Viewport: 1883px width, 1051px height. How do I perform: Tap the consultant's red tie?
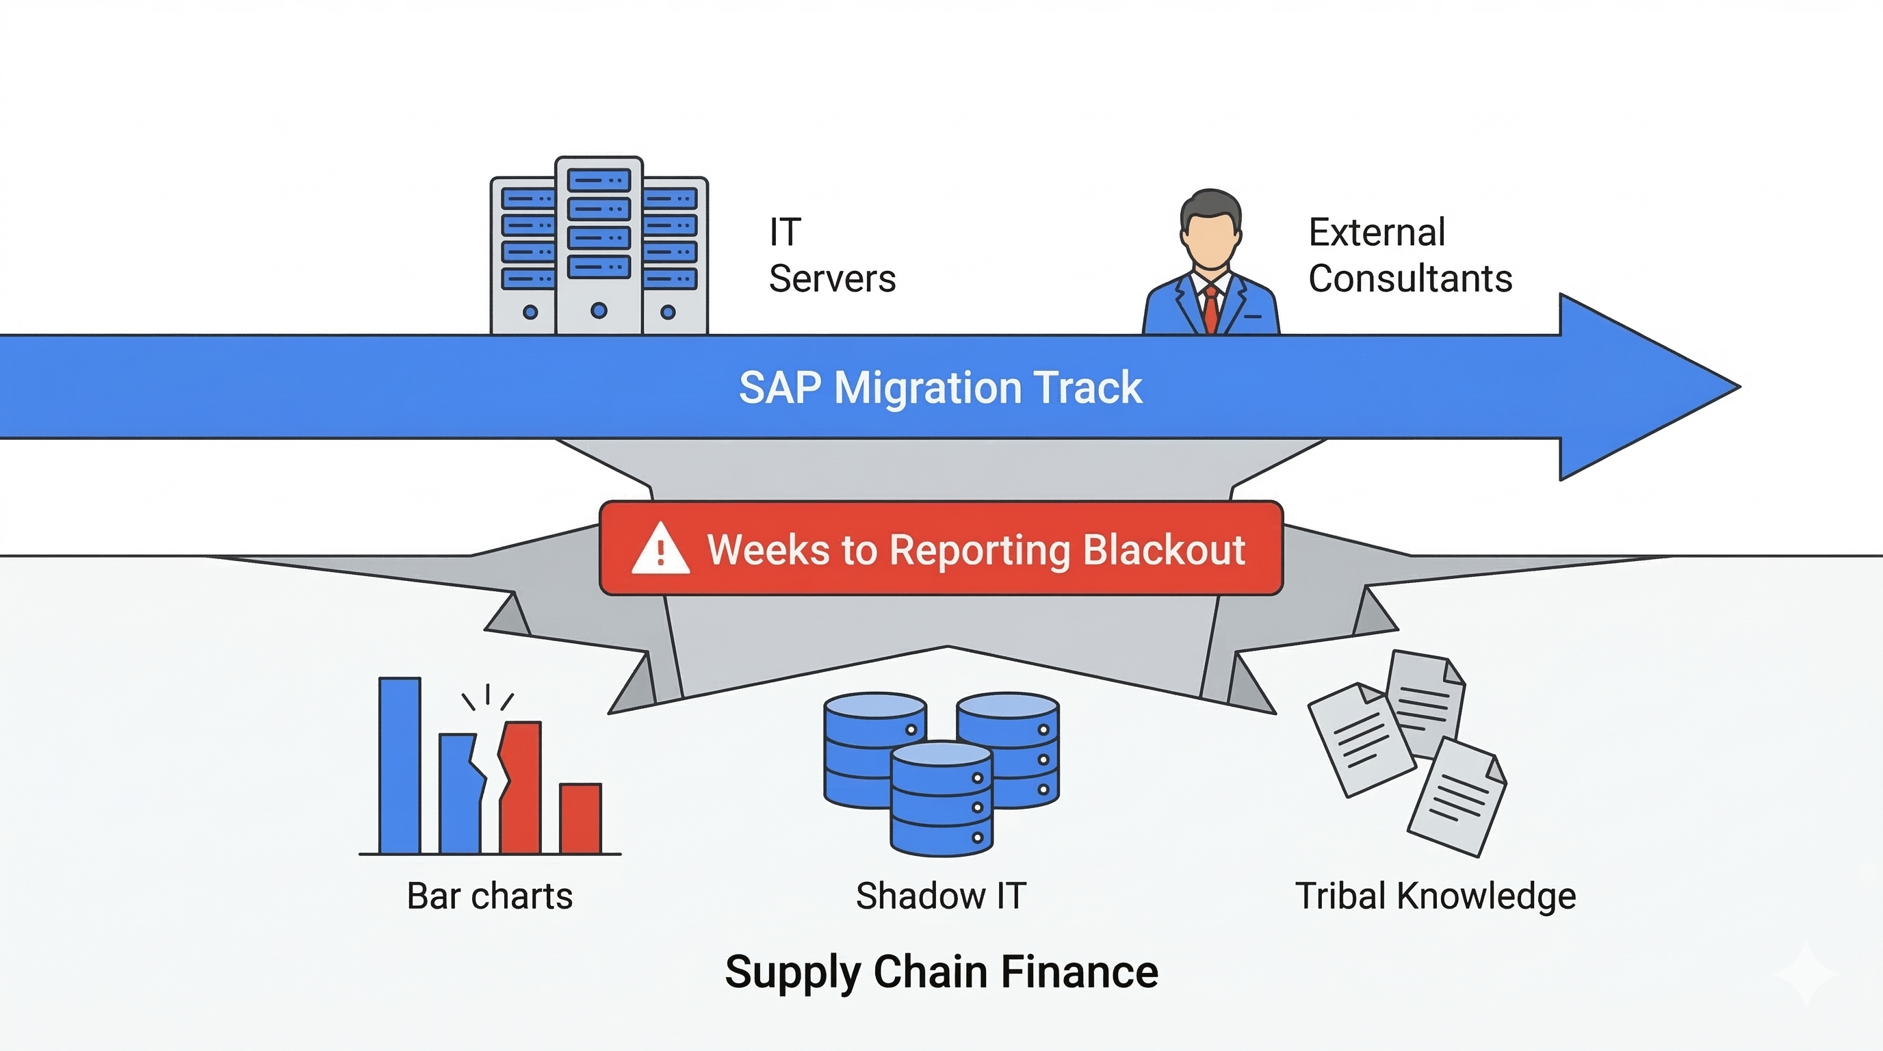[1211, 309]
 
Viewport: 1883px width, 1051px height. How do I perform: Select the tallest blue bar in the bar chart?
[400, 765]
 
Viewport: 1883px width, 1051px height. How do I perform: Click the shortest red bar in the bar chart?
[580, 818]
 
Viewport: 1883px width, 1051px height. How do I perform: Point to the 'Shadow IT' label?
[941, 896]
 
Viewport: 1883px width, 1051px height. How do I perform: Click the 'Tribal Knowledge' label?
[1436, 897]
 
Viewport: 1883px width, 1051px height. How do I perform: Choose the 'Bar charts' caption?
[490, 896]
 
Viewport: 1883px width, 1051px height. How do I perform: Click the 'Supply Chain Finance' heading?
[941, 972]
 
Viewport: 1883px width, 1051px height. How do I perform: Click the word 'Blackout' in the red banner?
[1164, 549]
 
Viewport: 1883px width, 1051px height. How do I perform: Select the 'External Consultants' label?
[1410, 255]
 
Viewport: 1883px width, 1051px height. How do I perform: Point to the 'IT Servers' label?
[832, 255]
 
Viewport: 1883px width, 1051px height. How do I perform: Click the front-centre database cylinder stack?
[941, 798]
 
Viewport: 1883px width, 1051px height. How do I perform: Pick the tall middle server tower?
[599, 245]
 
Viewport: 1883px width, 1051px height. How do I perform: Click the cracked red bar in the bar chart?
[521, 788]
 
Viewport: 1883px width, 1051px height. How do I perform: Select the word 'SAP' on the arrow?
[780, 387]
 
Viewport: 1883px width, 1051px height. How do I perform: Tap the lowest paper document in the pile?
[1457, 796]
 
